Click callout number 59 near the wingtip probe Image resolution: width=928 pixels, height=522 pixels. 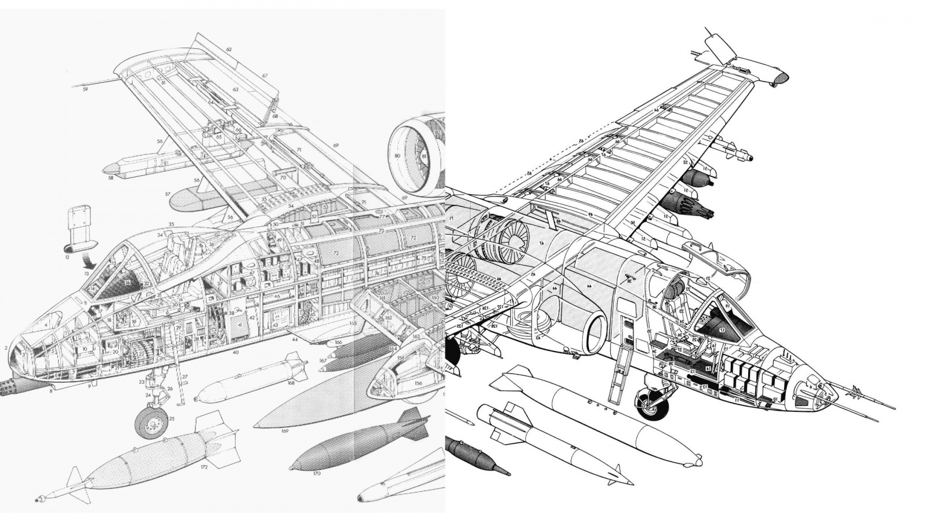(x=85, y=90)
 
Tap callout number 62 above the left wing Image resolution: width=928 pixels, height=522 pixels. (x=229, y=50)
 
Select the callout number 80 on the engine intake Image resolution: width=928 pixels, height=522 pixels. (x=397, y=156)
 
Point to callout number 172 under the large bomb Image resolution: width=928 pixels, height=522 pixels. (x=204, y=466)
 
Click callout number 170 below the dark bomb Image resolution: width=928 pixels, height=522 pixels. (x=316, y=473)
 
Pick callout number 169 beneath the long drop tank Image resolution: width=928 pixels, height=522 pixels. (x=284, y=430)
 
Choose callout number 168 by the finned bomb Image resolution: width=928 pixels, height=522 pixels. (x=289, y=382)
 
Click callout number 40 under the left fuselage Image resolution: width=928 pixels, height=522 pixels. (x=235, y=352)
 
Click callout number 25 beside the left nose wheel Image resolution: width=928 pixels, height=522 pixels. (x=172, y=418)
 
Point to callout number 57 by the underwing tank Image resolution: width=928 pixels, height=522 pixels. (x=167, y=194)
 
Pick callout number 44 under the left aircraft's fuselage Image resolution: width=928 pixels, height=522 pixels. (x=295, y=339)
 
